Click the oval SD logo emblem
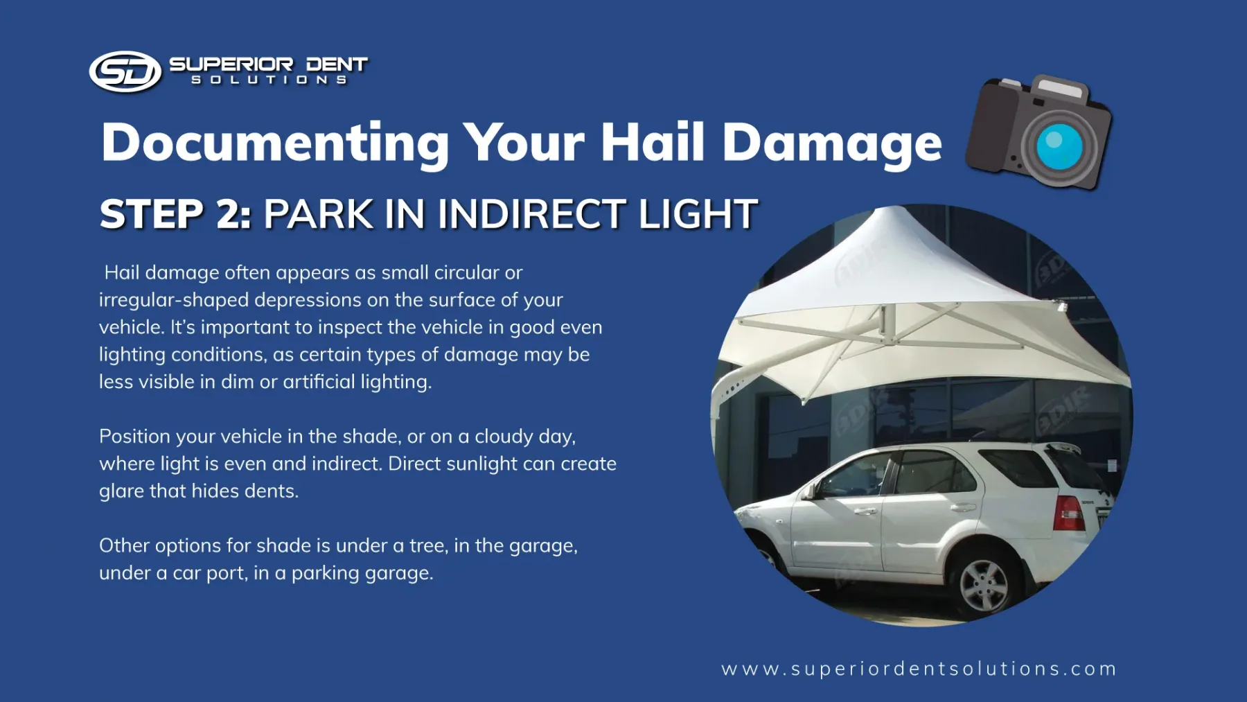[x=125, y=71]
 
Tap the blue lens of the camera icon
[x=1059, y=146]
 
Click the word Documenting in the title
[x=275, y=143]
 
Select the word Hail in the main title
[x=652, y=142]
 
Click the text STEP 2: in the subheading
[x=175, y=213]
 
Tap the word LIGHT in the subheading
[x=698, y=213]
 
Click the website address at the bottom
[x=919, y=669]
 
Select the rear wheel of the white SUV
[x=984, y=584]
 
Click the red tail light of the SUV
[x=1068, y=512]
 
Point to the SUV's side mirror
[x=808, y=491]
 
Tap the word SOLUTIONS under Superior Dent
[x=269, y=80]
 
